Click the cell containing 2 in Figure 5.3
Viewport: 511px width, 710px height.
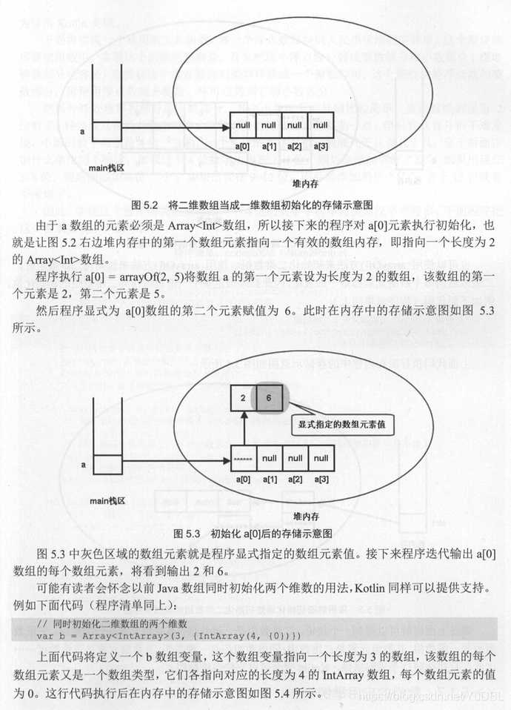(242, 399)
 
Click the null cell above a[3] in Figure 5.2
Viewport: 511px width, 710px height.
(320, 125)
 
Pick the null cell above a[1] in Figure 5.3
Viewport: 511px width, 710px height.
(269, 458)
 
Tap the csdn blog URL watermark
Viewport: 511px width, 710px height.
(430, 697)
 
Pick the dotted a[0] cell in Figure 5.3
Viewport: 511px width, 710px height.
(243, 458)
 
